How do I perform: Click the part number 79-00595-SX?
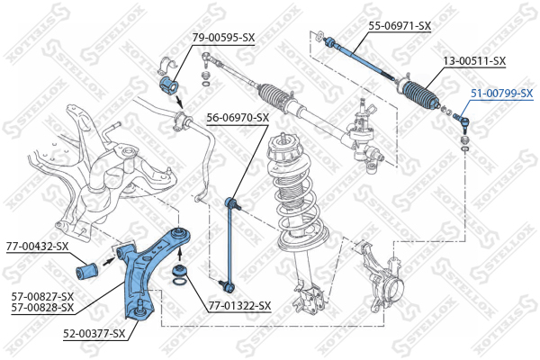tap(223, 37)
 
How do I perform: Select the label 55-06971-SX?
tap(400, 25)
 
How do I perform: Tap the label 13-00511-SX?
tap(474, 61)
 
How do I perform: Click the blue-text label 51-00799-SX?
tap(502, 93)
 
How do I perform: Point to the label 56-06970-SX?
tap(238, 118)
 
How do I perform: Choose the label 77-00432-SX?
tap(37, 247)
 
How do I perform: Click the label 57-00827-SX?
tap(42, 296)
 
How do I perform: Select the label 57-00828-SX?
tap(42, 307)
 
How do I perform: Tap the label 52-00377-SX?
tap(94, 334)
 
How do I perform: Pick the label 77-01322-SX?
tap(239, 306)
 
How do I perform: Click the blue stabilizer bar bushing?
tap(169, 85)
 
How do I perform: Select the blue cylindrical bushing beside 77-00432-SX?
tap(87, 271)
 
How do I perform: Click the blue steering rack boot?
tap(420, 94)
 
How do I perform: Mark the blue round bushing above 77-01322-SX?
tap(180, 270)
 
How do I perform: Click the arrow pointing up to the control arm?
tap(179, 254)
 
